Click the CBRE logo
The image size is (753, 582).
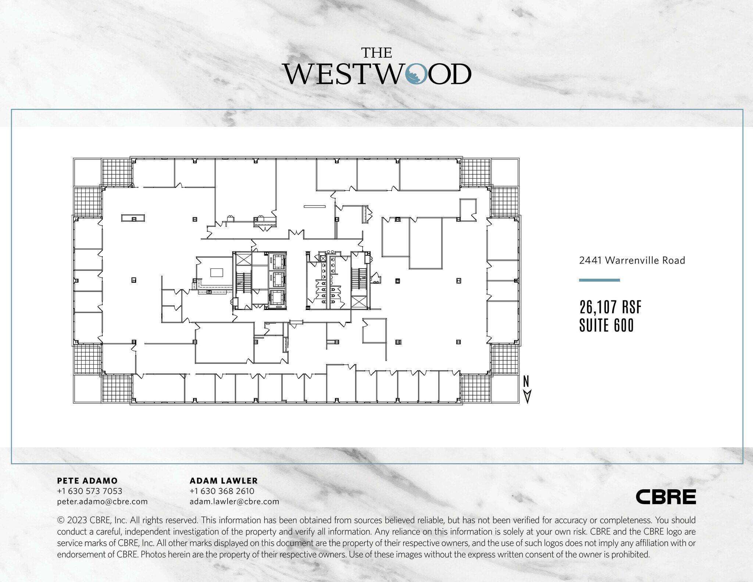(x=665, y=497)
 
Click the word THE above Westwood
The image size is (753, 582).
(x=376, y=53)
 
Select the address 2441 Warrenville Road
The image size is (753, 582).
(x=632, y=260)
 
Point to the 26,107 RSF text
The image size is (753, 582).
(x=610, y=307)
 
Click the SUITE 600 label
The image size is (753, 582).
(x=606, y=325)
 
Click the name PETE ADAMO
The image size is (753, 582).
(x=87, y=481)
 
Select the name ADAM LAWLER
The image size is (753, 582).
(x=224, y=481)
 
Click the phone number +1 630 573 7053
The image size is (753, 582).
(x=90, y=491)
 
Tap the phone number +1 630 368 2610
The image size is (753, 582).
(x=222, y=491)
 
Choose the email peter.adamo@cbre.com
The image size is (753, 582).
(x=102, y=501)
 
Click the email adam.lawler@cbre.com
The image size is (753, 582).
(x=234, y=501)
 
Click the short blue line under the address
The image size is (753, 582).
(x=599, y=280)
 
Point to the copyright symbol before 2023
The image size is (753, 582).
(x=61, y=520)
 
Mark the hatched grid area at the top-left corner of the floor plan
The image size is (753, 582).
(x=117, y=173)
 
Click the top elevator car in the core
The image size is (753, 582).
(x=277, y=262)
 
